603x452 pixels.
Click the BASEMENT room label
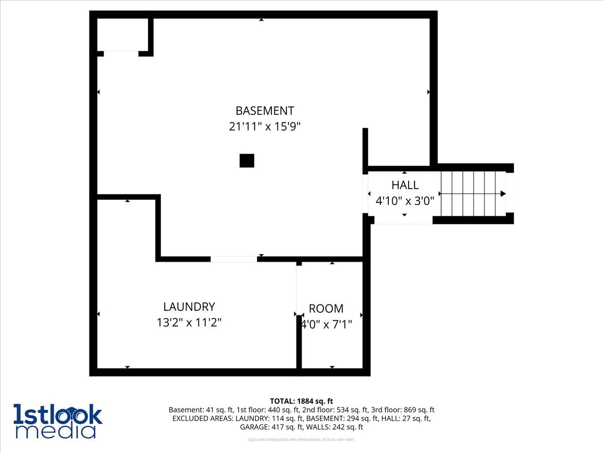coord(265,110)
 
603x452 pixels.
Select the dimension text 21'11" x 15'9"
coord(265,127)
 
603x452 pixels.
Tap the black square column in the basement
coord(247,161)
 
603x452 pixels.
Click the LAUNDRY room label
coord(189,306)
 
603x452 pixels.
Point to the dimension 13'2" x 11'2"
coord(189,322)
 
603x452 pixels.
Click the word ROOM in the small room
coord(326,308)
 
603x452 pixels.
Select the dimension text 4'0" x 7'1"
coord(326,324)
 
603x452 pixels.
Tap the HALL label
coord(405,185)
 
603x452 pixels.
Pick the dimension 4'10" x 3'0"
coord(405,201)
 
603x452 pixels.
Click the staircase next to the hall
coord(472,193)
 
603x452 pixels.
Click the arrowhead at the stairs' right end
coord(503,193)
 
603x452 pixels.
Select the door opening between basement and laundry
coord(234,259)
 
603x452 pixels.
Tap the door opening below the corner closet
coord(121,53)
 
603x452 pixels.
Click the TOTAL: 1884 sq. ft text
coord(301,401)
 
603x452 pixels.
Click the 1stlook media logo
coord(58,421)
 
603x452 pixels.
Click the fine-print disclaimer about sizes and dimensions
coord(301,440)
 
